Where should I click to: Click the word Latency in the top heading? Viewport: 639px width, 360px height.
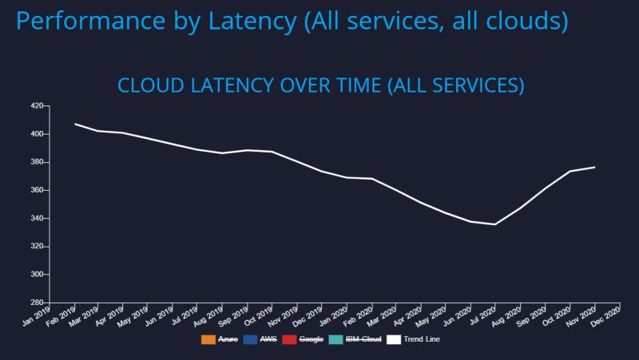point(251,20)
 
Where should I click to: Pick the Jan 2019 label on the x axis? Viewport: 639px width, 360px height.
point(37,317)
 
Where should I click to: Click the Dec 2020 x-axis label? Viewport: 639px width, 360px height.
point(606,317)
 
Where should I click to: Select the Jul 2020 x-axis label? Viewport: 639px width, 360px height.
point(482,317)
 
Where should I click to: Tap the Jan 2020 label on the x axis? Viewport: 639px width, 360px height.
point(334,317)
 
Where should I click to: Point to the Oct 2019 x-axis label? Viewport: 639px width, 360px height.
point(260,317)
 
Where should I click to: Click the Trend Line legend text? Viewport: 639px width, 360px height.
point(423,339)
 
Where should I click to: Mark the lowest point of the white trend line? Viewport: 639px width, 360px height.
point(495,224)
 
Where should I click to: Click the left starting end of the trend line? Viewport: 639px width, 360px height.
point(74,124)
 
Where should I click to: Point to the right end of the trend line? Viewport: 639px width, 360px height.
point(594,167)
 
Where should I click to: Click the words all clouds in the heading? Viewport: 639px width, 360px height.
point(511,20)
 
